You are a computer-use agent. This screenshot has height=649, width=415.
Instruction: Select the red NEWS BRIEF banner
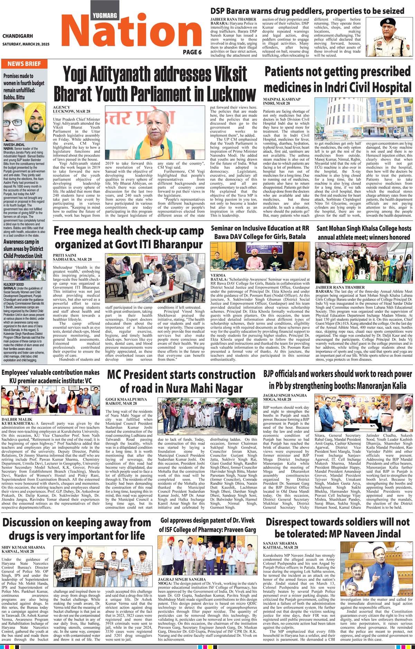[x=24, y=64]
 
